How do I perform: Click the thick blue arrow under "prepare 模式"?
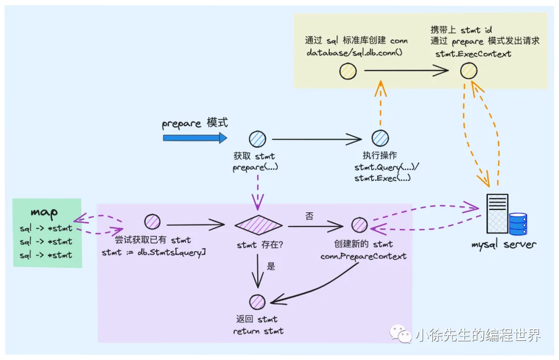click(195, 138)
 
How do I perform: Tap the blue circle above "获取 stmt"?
click(257, 139)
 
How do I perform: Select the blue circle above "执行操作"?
click(380, 138)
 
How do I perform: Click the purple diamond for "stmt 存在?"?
click(258, 225)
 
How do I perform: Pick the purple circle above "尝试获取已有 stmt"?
click(152, 222)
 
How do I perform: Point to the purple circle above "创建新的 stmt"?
click(359, 225)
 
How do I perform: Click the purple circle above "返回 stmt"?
click(257, 302)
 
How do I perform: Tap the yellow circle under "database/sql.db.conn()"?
click(348, 71)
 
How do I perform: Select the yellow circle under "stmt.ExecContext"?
click(468, 71)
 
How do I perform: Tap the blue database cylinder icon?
click(518, 224)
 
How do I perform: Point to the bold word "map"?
click(44, 212)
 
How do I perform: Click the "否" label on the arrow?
click(309, 216)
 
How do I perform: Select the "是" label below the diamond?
click(271, 266)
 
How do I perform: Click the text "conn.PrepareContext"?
click(363, 256)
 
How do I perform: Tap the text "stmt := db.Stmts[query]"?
click(154, 252)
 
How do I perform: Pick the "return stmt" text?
click(258, 331)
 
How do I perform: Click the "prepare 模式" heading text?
click(195, 124)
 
